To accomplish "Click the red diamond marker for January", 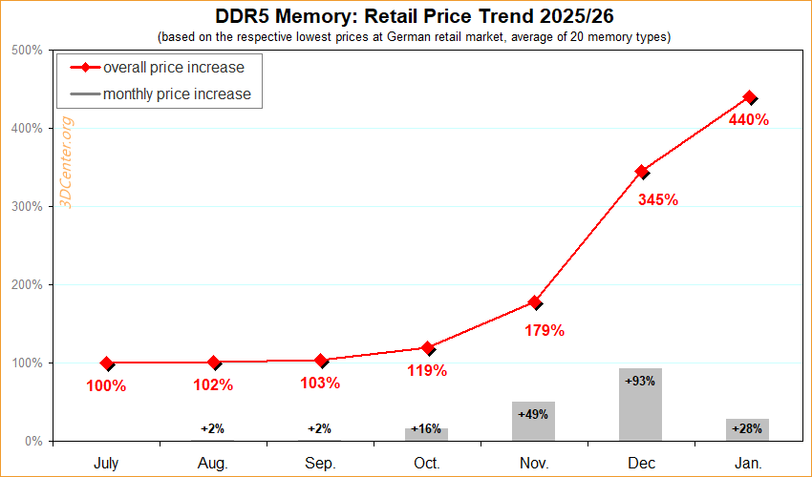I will pos(749,97).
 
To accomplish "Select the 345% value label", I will pos(657,200).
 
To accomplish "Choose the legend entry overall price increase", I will pos(173,68).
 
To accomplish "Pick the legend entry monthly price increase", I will pos(177,93).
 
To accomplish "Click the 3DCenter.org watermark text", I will pos(67,162).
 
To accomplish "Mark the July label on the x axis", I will pos(106,464).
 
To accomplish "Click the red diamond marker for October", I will pos(428,348).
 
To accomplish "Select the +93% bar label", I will pos(640,381).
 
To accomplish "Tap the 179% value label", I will pos(545,331).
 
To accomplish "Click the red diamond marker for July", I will pos(107,363).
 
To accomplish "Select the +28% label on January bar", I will pos(747,429).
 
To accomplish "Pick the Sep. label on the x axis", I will pos(320,464).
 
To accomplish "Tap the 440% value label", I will pos(749,120).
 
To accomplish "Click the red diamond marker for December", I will pos(642,172).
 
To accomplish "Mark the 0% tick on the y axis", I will pos(32,441).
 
